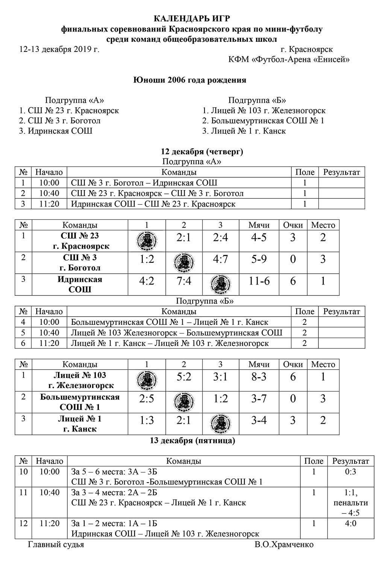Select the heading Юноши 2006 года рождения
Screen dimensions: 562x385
pyautogui.click(x=190, y=80)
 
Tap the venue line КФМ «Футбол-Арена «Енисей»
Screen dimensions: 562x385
pyautogui.click(x=289, y=59)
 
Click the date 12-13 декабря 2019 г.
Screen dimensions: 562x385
pyautogui.click(x=59, y=49)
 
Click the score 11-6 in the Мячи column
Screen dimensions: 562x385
pyautogui.click(x=259, y=281)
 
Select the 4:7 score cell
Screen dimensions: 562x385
pyautogui.click(x=220, y=260)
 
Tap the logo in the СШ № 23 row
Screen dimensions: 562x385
pyautogui.click(x=147, y=241)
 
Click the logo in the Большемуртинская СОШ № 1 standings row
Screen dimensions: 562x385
pyautogui.click(x=183, y=402)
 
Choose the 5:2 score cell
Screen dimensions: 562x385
pyautogui.click(x=183, y=377)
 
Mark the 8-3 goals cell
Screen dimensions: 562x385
pyautogui.click(x=259, y=377)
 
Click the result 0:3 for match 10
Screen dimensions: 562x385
pyautogui.click(x=350, y=472)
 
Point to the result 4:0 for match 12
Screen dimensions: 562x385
pyautogui.click(x=350, y=524)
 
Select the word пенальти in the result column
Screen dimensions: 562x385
pyautogui.click(x=350, y=503)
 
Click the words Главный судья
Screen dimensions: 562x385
pyautogui.click(x=56, y=545)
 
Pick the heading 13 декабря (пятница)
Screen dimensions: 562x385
pyautogui.click(x=192, y=440)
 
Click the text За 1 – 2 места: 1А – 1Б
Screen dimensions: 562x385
pyautogui.click(x=114, y=524)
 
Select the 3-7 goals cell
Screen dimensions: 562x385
pyautogui.click(x=259, y=399)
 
